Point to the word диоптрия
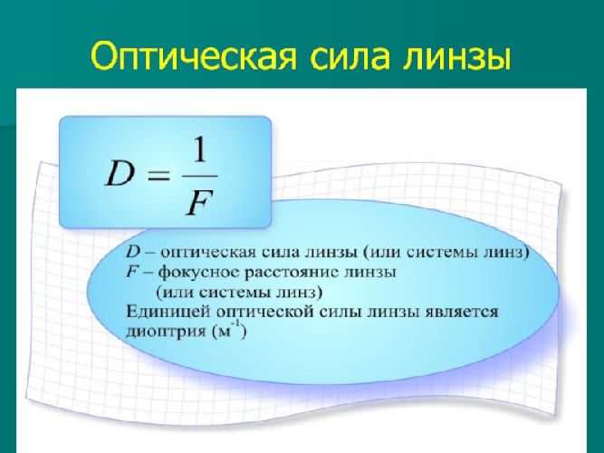point(160,333)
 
